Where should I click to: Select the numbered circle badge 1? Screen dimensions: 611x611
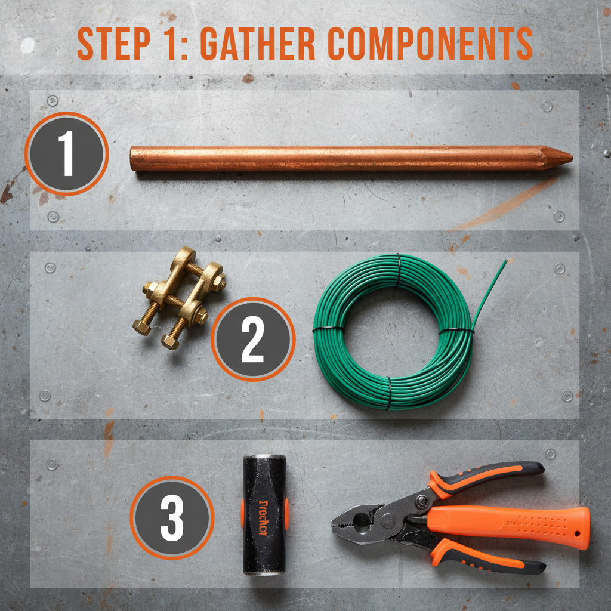tap(66, 154)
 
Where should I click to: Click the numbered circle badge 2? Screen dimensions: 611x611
tap(252, 339)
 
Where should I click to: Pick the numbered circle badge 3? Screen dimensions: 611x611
tap(172, 517)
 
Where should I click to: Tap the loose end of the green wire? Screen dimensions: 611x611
tap(503, 266)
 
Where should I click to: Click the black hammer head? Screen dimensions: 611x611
tap(264, 514)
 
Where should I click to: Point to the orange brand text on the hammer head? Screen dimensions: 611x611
tap(264, 514)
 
